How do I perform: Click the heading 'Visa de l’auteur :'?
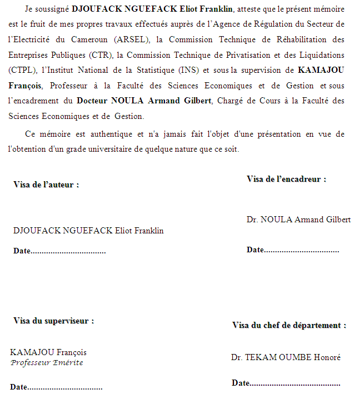click(x=46, y=184)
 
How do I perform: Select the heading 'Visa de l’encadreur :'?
click(x=286, y=179)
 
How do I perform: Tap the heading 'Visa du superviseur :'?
click(x=53, y=321)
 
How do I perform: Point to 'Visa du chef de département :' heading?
click(x=289, y=326)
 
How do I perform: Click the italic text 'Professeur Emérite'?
click(x=47, y=363)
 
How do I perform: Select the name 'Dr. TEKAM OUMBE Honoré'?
click(x=286, y=357)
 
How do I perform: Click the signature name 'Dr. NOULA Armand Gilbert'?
click(x=298, y=220)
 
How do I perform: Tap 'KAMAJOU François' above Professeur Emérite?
click(x=48, y=352)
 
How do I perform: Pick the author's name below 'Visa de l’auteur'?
click(x=88, y=231)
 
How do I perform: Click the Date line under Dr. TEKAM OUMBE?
click(x=286, y=383)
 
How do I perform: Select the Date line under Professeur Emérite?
click(x=56, y=387)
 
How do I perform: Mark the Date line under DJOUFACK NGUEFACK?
click(x=59, y=251)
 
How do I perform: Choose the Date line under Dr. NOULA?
click(x=292, y=250)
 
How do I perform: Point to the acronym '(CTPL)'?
click(x=21, y=71)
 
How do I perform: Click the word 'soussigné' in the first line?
click(x=53, y=10)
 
